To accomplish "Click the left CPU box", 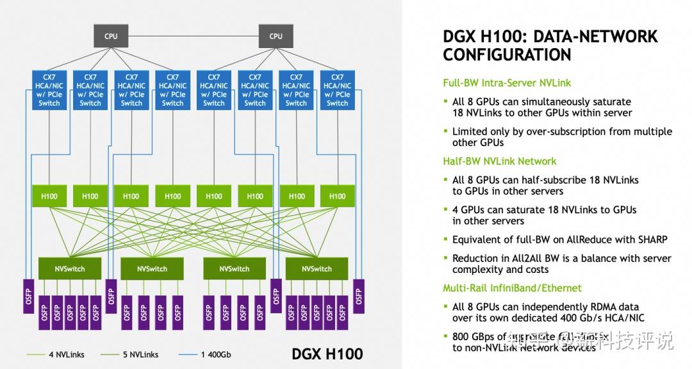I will (x=111, y=36).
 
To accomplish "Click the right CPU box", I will (x=276, y=36).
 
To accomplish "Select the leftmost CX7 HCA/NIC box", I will (x=49, y=90).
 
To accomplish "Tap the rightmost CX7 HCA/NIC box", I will (x=337, y=90).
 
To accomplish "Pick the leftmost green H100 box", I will (x=49, y=196).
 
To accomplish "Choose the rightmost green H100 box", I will (x=337, y=196).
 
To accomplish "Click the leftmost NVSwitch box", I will (x=70, y=269).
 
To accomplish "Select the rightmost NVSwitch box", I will (x=317, y=269).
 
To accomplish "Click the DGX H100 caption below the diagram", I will (x=327, y=354).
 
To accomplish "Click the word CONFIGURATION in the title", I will (x=507, y=55).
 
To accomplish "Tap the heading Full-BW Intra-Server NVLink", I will (x=507, y=83).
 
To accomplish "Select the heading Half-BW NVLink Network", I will (x=500, y=161).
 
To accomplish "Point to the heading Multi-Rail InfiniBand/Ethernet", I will (x=513, y=288).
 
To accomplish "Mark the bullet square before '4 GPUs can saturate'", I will (x=446, y=210).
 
